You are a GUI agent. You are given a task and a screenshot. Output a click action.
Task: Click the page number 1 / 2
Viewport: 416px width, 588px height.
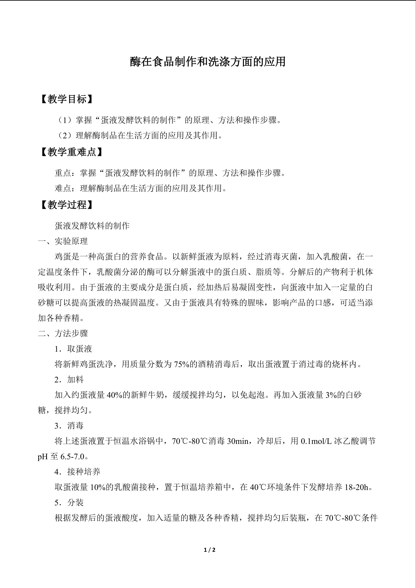209,550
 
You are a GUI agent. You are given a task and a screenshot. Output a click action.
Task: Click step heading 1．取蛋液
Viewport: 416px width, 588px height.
73,349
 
